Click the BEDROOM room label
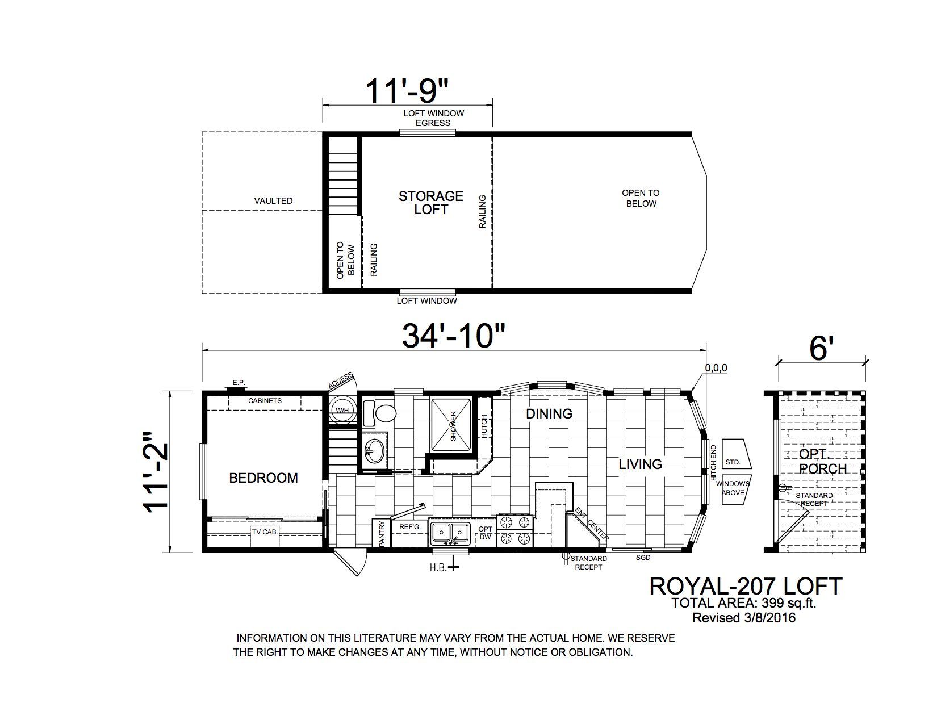tap(263, 478)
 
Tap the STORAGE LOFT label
tap(430, 203)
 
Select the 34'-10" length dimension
tap(453, 336)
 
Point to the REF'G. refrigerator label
tap(409, 527)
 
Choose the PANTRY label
tap(381, 534)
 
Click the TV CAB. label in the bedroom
tap(265, 532)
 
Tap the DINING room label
tap(549, 414)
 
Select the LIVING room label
tap(641, 464)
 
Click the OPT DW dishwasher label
tap(485, 533)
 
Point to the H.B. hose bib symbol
tap(453, 567)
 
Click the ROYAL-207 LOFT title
tap(746, 587)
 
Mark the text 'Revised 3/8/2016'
tap(744, 617)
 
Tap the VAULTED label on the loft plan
tap(273, 201)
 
